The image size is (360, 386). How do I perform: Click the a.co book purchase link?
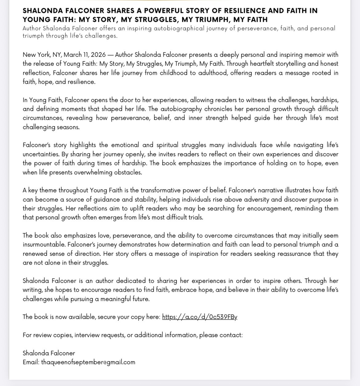[199, 317]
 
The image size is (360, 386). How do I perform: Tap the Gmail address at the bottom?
[88, 362]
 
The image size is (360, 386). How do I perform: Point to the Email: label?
[31, 362]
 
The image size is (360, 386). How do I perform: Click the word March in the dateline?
[73, 55]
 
